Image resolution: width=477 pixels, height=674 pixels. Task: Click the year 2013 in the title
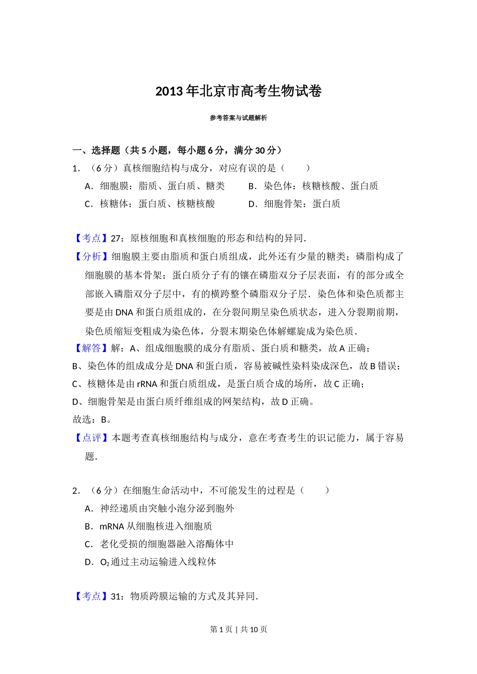tap(169, 91)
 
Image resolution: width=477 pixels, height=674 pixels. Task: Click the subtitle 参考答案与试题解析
tap(238, 118)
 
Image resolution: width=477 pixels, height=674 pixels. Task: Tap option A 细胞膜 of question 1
tap(155, 186)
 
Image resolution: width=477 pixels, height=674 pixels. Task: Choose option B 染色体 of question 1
tap(313, 186)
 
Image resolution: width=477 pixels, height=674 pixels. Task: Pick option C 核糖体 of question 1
tap(150, 204)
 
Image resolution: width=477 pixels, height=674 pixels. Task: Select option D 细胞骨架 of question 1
tap(294, 204)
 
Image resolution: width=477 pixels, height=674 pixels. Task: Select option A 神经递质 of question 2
tap(160, 509)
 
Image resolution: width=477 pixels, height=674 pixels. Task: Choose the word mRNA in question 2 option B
tap(111, 527)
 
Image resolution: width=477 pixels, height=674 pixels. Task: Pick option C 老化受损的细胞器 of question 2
tap(159, 544)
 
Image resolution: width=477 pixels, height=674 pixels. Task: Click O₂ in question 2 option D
tap(104, 562)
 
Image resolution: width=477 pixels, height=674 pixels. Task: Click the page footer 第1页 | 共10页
tap(238, 629)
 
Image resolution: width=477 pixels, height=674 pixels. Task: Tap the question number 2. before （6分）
tap(76, 490)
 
